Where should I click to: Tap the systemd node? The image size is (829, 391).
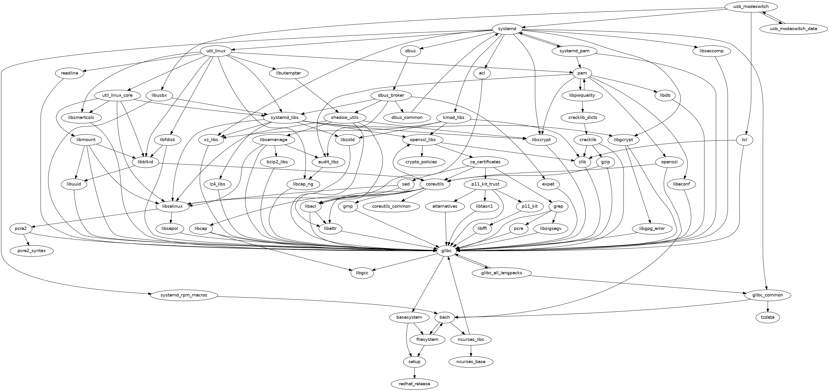coord(507,29)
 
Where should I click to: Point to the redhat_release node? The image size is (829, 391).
coord(414,384)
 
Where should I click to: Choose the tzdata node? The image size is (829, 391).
coord(768,317)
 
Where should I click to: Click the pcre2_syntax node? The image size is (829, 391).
coord(31,251)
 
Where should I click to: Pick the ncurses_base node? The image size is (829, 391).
coord(471,362)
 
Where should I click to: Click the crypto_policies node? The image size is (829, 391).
coord(422,162)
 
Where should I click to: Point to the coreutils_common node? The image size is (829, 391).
coord(391,206)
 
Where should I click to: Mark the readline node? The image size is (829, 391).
coord(70,73)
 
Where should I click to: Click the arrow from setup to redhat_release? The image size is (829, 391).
coord(414,373)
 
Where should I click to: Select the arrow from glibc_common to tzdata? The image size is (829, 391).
coord(768,306)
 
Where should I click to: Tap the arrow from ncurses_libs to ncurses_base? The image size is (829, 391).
coord(471,351)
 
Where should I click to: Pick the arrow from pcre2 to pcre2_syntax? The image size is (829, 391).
coord(26,240)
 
